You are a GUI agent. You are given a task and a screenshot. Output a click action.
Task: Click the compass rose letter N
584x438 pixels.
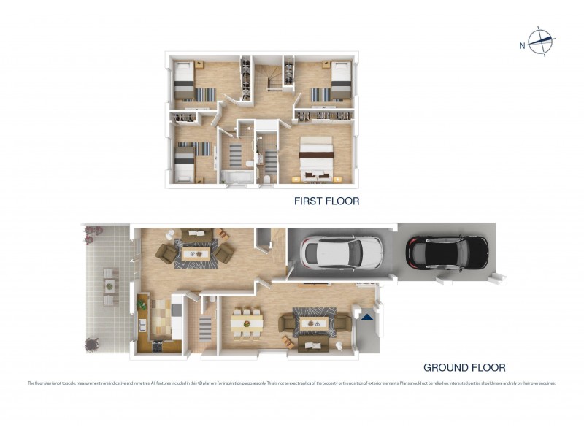[523, 45]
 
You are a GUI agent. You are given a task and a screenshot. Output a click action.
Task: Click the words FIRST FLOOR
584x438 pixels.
[326, 201]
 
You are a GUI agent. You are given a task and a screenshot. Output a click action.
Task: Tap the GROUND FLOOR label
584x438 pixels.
[464, 368]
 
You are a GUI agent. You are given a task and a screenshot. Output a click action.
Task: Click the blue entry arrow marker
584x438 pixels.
[367, 317]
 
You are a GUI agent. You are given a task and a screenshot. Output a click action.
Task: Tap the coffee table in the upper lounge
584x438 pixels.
[195, 253]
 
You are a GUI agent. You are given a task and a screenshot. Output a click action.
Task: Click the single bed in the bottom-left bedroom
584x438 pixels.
[184, 162]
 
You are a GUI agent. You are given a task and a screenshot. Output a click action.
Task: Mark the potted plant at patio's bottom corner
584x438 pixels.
[93, 342]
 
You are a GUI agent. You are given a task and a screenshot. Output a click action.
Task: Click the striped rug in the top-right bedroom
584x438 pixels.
[320, 94]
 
